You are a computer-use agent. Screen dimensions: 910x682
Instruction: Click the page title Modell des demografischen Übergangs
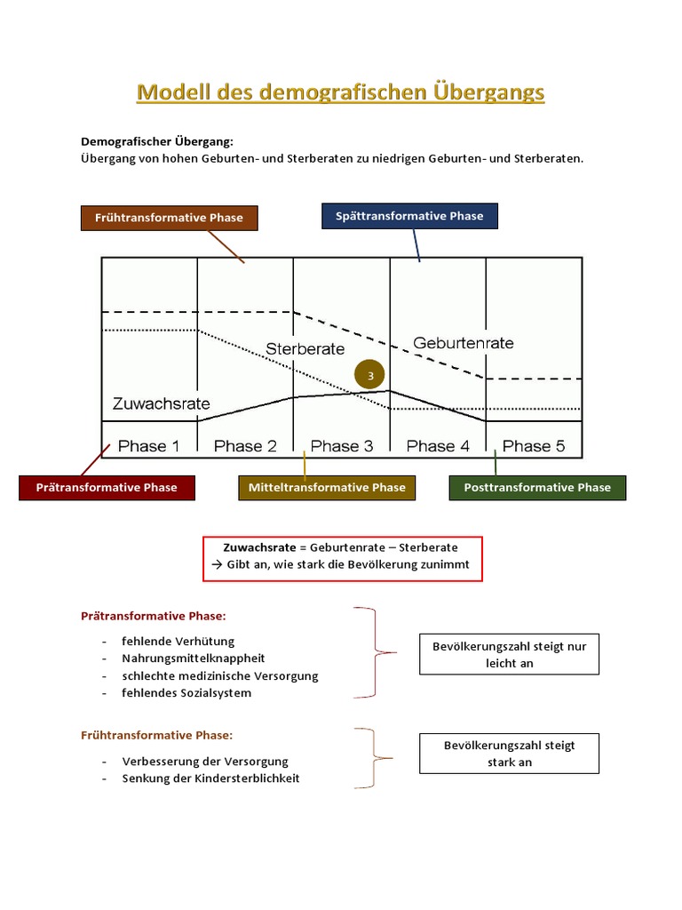point(340,92)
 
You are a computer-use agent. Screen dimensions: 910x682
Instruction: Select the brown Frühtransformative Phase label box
point(169,218)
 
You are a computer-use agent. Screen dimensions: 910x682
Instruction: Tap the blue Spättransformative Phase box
point(409,216)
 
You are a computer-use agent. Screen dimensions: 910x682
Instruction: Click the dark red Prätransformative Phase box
point(107,487)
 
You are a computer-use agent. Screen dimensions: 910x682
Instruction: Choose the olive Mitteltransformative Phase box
point(327,487)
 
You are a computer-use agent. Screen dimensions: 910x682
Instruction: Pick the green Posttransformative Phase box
point(537,487)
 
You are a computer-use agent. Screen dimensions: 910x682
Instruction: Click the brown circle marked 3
point(370,375)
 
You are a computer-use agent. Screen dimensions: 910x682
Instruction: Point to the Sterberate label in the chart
point(305,349)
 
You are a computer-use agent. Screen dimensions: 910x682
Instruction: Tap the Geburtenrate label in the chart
point(464,343)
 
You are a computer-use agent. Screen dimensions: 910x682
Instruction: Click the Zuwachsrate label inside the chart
point(162,403)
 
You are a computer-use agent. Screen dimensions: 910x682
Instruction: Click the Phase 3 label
point(342,446)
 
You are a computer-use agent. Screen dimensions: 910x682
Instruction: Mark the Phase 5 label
point(534,446)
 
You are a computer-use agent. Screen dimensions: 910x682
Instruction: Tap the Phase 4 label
point(438,446)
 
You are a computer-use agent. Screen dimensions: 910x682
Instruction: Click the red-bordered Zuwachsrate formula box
point(342,558)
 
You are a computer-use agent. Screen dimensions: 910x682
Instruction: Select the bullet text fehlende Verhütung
point(178,641)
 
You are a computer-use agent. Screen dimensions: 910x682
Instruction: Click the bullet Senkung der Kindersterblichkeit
point(210,778)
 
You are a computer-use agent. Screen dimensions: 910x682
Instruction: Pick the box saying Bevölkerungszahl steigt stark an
point(509,754)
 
